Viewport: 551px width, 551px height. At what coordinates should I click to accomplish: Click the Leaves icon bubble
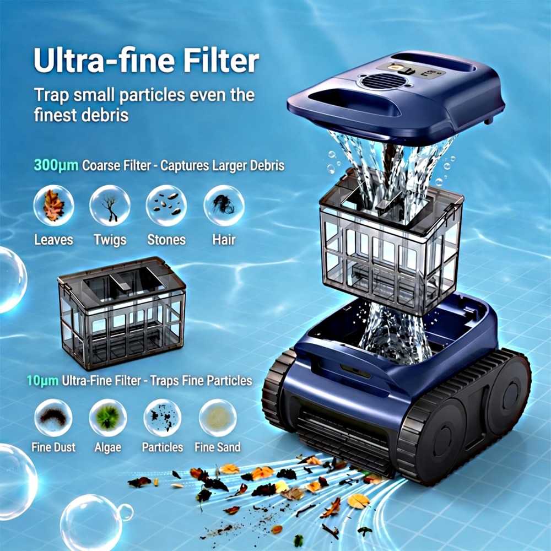click(x=53, y=206)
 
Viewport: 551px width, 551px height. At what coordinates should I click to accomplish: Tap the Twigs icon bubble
click(x=110, y=206)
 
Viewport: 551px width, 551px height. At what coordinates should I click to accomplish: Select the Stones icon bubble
click(x=166, y=206)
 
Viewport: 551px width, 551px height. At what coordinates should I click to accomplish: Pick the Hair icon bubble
click(x=224, y=206)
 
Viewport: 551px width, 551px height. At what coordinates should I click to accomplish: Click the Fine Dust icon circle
click(x=53, y=418)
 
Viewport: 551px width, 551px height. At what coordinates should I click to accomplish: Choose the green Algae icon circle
click(x=108, y=418)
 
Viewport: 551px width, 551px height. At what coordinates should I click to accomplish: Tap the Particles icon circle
click(x=163, y=418)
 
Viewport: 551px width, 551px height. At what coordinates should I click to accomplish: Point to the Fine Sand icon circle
click(x=218, y=418)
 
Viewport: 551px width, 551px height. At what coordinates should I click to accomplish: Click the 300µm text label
click(x=56, y=165)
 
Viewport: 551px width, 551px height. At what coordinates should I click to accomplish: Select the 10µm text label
click(x=43, y=381)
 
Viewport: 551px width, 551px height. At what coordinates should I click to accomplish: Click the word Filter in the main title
click(x=222, y=61)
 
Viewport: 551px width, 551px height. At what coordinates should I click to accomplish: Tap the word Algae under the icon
click(x=108, y=447)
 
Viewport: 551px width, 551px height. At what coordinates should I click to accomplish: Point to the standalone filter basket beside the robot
click(x=122, y=313)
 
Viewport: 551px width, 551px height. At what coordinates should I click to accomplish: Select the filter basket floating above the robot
click(x=391, y=242)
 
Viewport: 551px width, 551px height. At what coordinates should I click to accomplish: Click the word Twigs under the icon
click(x=110, y=240)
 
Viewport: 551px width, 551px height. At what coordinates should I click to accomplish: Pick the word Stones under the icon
click(x=166, y=240)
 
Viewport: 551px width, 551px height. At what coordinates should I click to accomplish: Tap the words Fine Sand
click(x=218, y=447)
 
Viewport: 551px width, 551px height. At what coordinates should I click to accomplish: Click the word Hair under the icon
click(x=224, y=240)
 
